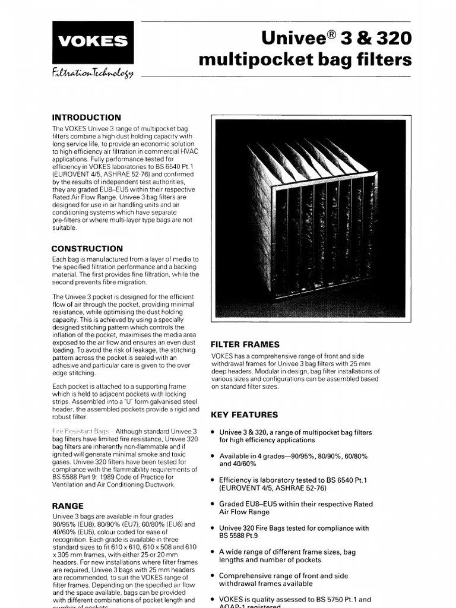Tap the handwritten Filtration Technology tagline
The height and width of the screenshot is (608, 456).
click(x=94, y=73)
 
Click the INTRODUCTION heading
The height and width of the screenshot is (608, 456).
click(x=86, y=118)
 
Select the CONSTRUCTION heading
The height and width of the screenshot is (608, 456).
click(x=87, y=249)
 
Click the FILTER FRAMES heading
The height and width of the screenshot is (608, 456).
click(x=245, y=344)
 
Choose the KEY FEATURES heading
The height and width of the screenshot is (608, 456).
click(x=244, y=414)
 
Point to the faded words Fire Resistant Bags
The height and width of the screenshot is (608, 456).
click(x=82, y=430)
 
